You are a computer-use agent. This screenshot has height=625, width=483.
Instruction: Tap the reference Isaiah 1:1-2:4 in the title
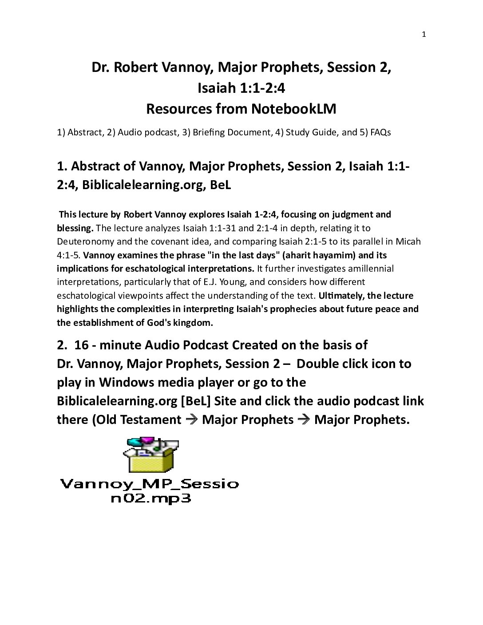pos(241,88)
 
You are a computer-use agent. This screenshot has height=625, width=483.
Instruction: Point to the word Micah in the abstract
pos(409,241)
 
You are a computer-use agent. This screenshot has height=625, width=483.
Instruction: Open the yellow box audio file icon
pos(150,456)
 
